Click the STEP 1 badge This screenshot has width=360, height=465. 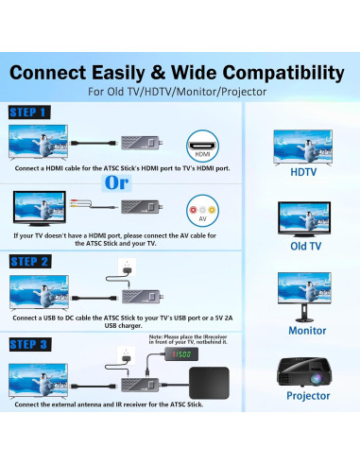click(28, 112)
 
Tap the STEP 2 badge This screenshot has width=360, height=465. click(28, 261)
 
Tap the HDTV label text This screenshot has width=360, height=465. click(302, 173)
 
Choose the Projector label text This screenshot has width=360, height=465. click(308, 396)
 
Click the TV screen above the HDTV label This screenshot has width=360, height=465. click(302, 144)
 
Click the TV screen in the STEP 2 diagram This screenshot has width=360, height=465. click(38, 289)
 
